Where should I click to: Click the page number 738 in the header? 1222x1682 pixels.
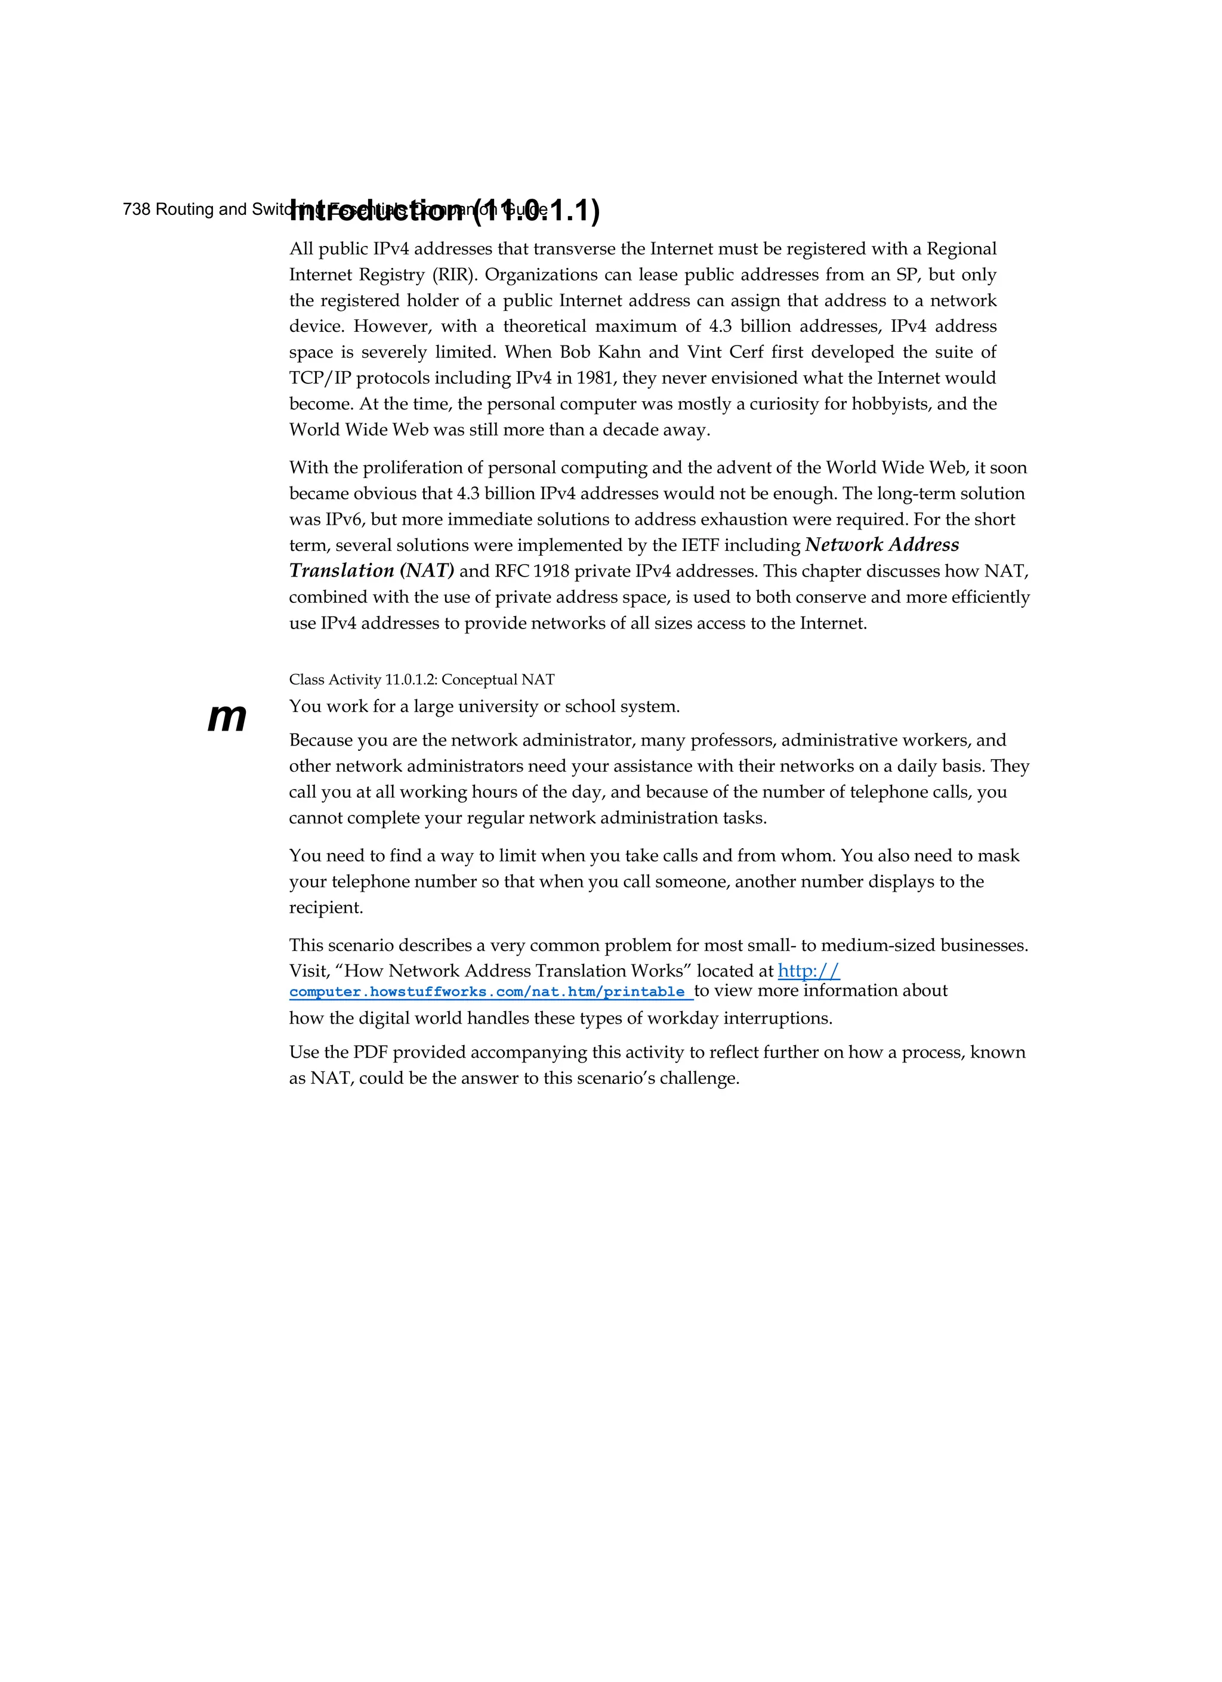[137, 210]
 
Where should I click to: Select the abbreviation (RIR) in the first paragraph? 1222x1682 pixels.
[452, 275]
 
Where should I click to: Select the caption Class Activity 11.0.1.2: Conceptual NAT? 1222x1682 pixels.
[421, 680]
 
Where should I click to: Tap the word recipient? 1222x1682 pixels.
[325, 908]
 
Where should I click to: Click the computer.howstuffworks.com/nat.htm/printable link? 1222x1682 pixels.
[487, 992]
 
